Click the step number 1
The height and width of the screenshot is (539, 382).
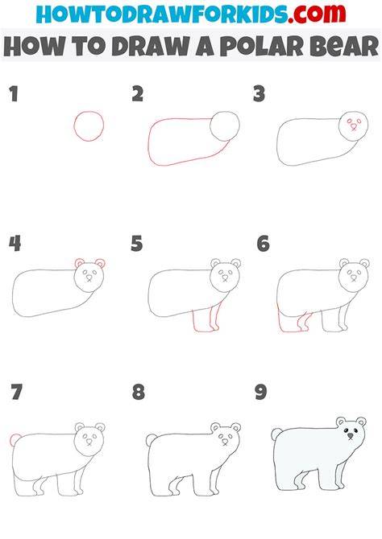point(14,94)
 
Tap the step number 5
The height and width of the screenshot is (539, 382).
point(136,244)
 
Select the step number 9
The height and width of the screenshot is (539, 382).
point(260,392)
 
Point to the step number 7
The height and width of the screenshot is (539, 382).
point(16,392)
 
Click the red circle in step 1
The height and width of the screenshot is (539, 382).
point(74,125)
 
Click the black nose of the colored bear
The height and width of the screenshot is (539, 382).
point(351,436)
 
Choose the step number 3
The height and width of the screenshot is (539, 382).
point(259,94)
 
